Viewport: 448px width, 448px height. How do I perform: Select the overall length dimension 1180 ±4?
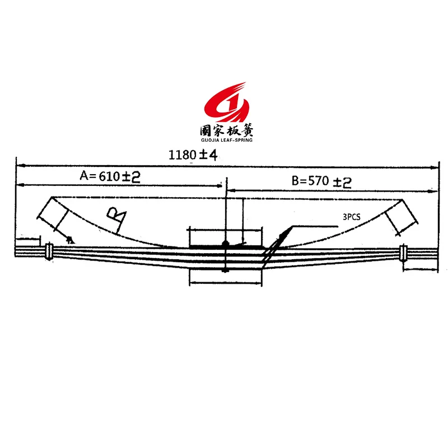point(192,155)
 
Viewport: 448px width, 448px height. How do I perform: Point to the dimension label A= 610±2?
point(110,176)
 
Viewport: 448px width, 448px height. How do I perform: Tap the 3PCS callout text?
point(351,217)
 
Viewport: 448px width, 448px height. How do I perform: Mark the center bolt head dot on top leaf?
point(225,243)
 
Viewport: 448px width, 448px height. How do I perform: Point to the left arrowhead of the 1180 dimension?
point(18,165)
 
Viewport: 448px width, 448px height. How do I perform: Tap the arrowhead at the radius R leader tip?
point(70,239)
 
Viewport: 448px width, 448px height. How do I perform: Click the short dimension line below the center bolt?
point(225,283)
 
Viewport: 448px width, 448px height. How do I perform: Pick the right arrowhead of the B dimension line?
point(436,190)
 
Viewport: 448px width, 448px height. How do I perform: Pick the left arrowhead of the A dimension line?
point(18,185)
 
